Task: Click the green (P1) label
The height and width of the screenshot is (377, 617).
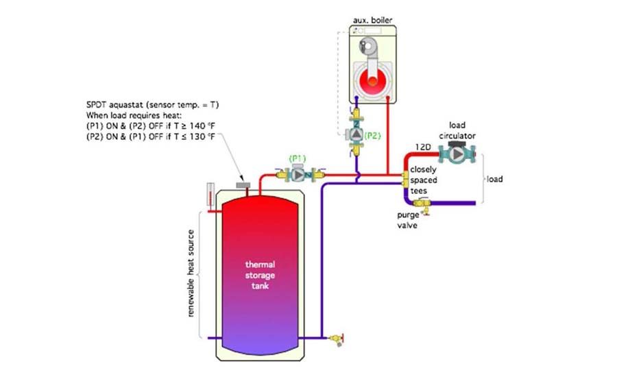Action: click(298, 158)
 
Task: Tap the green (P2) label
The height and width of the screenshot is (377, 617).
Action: click(372, 136)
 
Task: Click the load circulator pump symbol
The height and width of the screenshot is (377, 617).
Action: click(456, 155)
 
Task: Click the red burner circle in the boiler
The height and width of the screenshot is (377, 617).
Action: click(372, 82)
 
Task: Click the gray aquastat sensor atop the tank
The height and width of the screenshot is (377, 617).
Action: click(242, 185)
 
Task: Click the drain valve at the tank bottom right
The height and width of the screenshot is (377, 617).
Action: click(335, 338)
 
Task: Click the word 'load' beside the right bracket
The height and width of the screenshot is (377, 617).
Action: click(494, 180)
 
